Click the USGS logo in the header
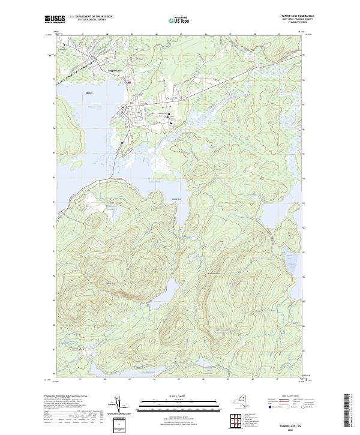point(54,19)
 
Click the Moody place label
point(89,93)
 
